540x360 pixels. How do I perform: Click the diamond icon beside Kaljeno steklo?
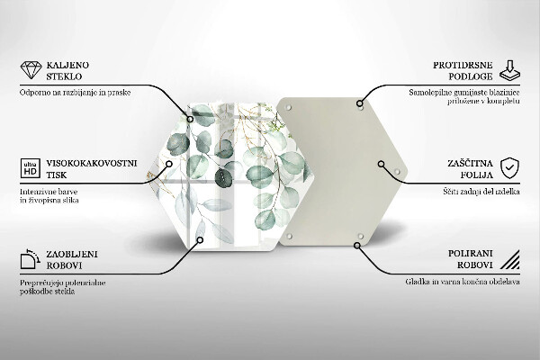pyautogui.click(x=31, y=71)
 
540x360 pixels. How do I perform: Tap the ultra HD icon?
pyautogui.click(x=30, y=168)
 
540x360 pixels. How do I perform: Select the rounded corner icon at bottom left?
pyautogui.click(x=30, y=261)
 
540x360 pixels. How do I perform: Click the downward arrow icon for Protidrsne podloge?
pyautogui.click(x=508, y=70)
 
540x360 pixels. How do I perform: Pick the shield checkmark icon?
pyautogui.click(x=509, y=168)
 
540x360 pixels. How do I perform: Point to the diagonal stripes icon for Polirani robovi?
pyautogui.click(x=509, y=261)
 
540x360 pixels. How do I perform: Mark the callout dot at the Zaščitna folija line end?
pyautogui.click(x=381, y=165)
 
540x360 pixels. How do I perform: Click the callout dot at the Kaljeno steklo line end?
pyautogui.click(x=190, y=115)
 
